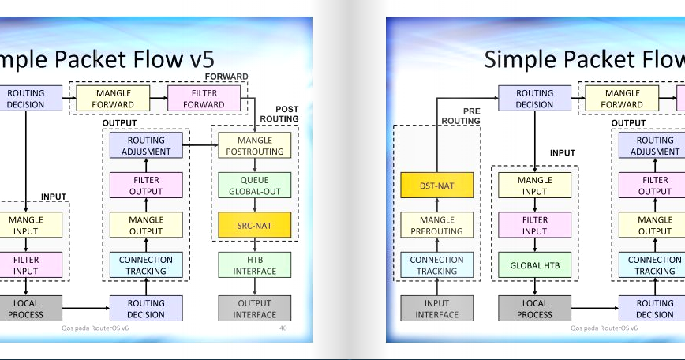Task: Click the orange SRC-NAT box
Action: coord(254,226)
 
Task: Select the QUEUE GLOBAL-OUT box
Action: coord(254,186)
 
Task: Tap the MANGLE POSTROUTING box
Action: coord(254,145)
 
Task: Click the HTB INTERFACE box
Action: coord(254,265)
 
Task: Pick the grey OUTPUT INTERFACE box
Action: coord(254,309)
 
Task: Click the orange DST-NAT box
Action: coord(436,186)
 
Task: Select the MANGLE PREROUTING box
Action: coord(436,226)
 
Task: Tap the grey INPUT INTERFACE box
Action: coord(436,309)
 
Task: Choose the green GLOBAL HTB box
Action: coord(534,265)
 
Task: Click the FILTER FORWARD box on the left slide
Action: coord(204,99)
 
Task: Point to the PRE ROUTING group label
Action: coord(460,116)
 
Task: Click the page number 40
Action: coord(283,327)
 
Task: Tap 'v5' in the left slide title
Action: coord(197,59)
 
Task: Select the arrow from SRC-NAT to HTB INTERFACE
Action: coord(254,246)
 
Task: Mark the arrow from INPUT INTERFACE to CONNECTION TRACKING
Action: coord(436,287)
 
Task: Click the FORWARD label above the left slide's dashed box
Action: coord(226,77)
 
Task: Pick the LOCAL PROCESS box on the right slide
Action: coord(534,309)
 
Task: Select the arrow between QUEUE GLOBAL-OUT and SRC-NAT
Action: coord(254,205)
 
